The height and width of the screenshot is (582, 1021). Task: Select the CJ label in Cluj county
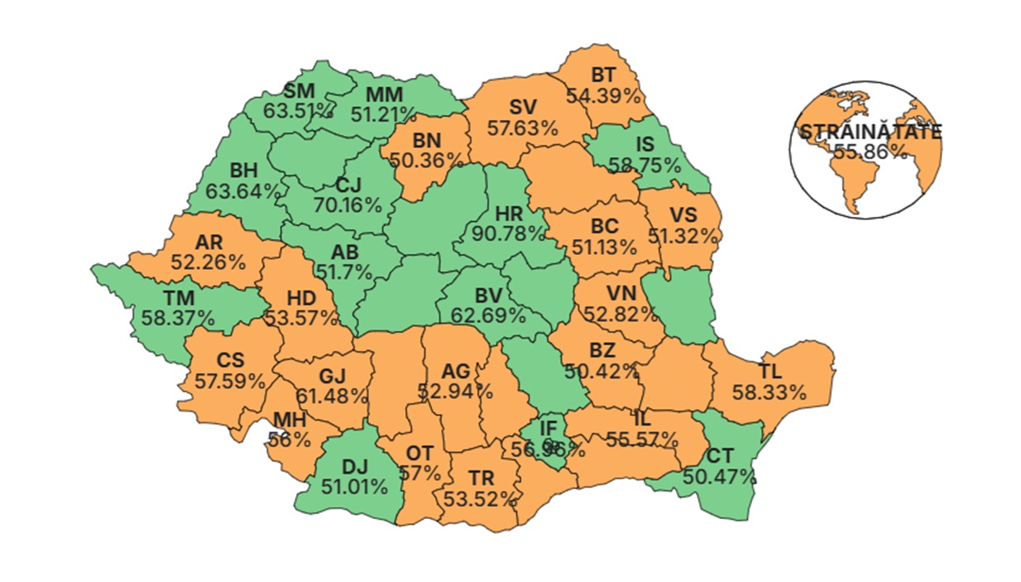click(348, 185)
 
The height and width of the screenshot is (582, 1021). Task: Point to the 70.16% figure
click(348, 204)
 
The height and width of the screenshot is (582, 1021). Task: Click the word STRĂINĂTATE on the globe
click(869, 132)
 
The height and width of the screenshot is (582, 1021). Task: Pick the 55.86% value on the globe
click(869, 152)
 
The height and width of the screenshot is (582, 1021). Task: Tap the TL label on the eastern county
click(769, 370)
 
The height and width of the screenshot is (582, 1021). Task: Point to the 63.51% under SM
click(300, 109)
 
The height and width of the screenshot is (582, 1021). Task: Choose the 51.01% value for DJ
click(354, 485)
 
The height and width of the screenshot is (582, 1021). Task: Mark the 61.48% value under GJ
click(332, 396)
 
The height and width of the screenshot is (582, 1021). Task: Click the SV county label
click(522, 108)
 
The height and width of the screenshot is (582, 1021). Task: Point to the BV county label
click(488, 296)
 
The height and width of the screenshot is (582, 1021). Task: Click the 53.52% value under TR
click(481, 498)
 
